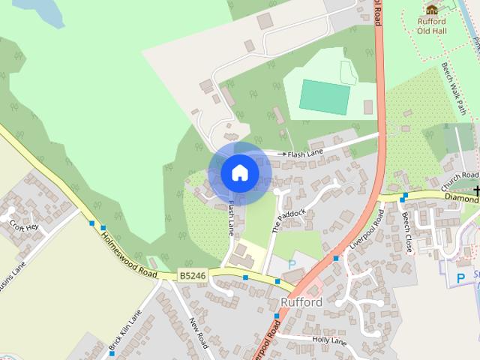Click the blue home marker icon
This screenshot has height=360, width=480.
(239, 172)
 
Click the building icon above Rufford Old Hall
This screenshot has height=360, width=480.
(431, 9)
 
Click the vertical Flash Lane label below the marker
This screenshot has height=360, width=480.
(232, 217)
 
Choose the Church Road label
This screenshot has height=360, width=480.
(460, 180)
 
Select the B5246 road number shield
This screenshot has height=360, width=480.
(193, 276)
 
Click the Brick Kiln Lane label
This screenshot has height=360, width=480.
(124, 333)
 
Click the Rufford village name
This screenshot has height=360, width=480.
(301, 302)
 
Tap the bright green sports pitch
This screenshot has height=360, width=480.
(325, 97)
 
